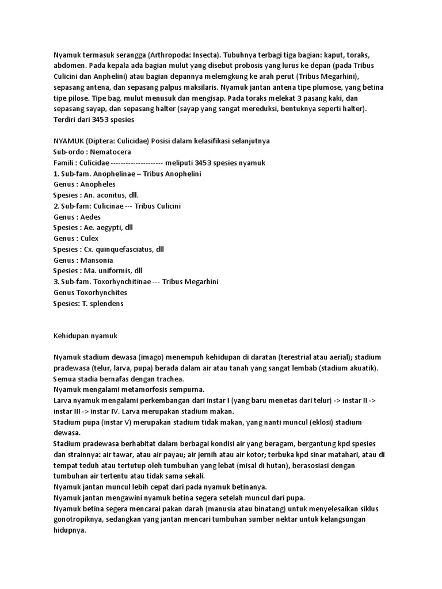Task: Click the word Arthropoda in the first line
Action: pos(170,55)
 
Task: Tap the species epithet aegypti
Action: pos(109,228)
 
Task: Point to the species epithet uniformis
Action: pos(113,271)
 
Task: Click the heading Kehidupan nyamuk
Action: pos(85,335)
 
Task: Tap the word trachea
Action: pos(168,378)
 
